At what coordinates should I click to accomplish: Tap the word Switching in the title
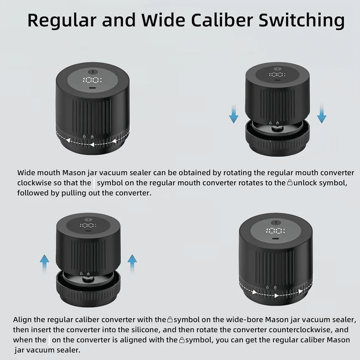pyautogui.click(x=301, y=21)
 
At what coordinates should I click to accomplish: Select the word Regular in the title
pyautogui.click(x=62, y=21)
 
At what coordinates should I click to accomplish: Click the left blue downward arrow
pyautogui.click(x=234, y=114)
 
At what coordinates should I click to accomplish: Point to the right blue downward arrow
pyautogui.click(x=321, y=114)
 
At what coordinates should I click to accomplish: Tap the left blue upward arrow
pyautogui.click(x=45, y=264)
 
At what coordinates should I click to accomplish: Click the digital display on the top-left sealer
pyautogui.click(x=92, y=80)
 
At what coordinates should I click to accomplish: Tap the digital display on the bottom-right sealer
pyautogui.click(x=275, y=230)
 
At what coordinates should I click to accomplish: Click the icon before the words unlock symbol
pyautogui.click(x=290, y=183)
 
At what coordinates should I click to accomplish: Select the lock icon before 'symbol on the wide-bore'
pyautogui.click(x=170, y=319)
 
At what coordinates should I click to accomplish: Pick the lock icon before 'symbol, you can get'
pyautogui.click(x=182, y=340)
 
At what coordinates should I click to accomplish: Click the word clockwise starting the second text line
pyautogui.click(x=34, y=183)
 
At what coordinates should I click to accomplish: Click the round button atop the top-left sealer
pyautogui.click(x=93, y=72)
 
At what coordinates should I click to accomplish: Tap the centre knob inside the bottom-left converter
pyautogui.click(x=86, y=279)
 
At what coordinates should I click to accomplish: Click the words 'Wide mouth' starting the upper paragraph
pyautogui.click(x=39, y=173)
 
